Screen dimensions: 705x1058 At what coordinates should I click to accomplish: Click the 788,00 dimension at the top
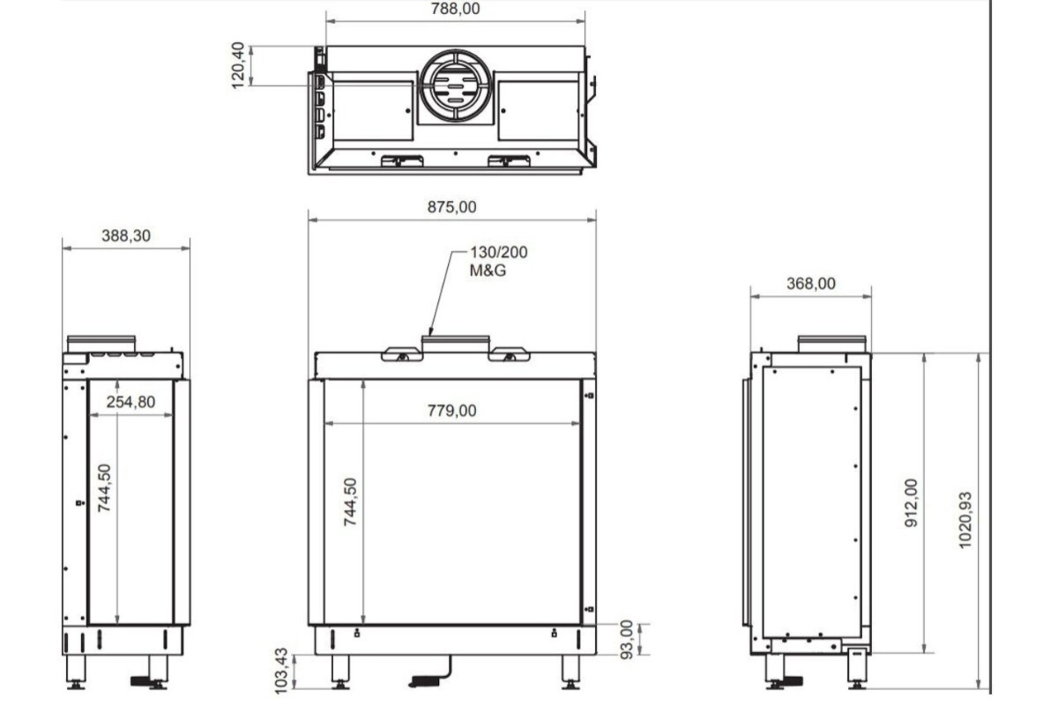pyautogui.click(x=455, y=9)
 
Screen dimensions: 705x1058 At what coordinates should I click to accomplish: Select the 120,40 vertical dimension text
pyautogui.click(x=238, y=64)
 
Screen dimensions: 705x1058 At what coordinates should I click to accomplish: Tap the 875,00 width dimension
pyautogui.click(x=451, y=207)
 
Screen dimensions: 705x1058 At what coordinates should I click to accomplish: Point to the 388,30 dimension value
pyautogui.click(x=126, y=236)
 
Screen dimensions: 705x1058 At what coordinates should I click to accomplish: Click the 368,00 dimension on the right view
pyautogui.click(x=810, y=283)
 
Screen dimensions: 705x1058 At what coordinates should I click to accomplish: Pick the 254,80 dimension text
pyautogui.click(x=131, y=402)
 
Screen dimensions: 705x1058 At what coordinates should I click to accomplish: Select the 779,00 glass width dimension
pyautogui.click(x=451, y=410)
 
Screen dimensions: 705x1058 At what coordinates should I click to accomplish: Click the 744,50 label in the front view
pyautogui.click(x=350, y=502)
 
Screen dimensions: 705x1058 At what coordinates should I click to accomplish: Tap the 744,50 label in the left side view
pyautogui.click(x=104, y=488)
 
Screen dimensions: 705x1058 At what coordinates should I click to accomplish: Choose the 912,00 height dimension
pyautogui.click(x=912, y=503)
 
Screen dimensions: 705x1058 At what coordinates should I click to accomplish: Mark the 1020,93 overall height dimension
pyautogui.click(x=965, y=521)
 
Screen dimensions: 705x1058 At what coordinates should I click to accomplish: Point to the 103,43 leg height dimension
pyautogui.click(x=281, y=668)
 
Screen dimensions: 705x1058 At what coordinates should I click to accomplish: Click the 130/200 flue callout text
pyautogui.click(x=498, y=252)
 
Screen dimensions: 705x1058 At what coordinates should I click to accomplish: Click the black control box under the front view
pyautogui.click(x=425, y=682)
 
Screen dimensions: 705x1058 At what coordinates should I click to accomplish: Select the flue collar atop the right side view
pyautogui.click(x=832, y=343)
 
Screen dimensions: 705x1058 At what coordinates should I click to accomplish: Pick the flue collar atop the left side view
pyautogui.click(x=101, y=343)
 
